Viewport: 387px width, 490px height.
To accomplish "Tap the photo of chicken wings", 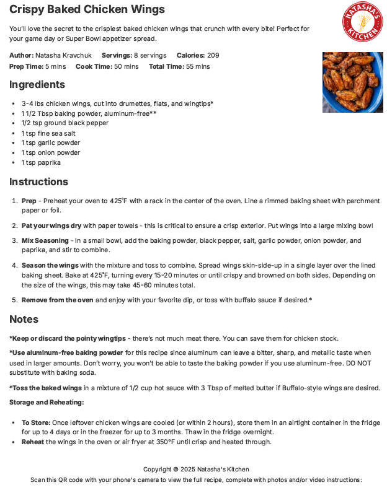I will point(352,82).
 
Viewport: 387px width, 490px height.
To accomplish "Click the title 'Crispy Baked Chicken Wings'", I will point(87,9).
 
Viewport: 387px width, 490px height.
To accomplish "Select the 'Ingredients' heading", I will point(37,84).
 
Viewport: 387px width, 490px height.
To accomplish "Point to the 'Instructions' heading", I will point(38,182).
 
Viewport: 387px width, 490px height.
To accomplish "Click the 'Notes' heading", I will point(24,319).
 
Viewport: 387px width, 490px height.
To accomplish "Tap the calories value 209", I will point(213,55).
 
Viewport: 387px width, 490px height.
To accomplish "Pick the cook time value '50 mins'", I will point(127,66).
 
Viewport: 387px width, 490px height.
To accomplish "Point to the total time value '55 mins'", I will point(198,66).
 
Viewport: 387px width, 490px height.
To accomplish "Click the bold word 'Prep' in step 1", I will point(29,201).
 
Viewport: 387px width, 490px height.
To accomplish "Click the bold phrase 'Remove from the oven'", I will point(57,300).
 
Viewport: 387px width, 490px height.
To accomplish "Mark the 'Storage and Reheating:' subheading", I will point(47,401).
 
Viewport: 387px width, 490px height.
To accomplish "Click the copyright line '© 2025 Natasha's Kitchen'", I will point(196,469).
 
